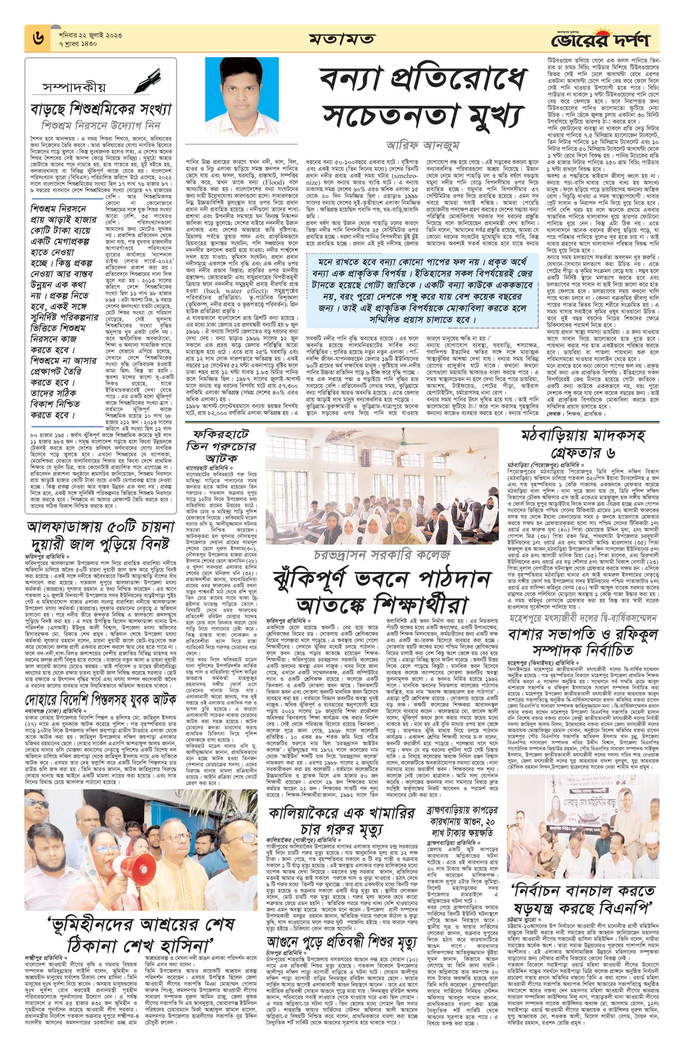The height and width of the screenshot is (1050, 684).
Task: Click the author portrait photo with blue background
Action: click(242, 96)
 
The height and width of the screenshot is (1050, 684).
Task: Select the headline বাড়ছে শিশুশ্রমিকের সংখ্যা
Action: click(100, 108)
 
